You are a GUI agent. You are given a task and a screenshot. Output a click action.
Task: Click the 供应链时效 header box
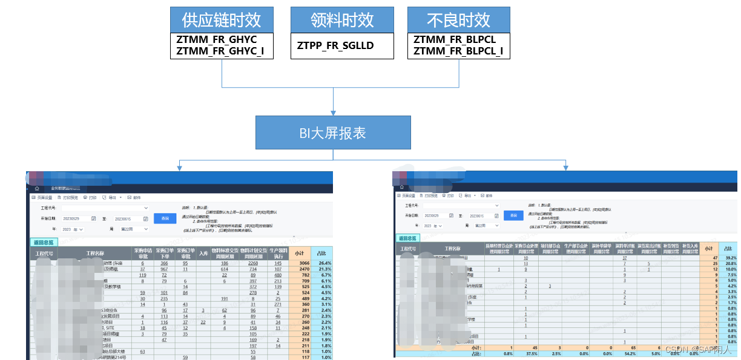222,20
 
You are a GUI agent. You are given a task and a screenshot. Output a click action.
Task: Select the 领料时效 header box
342,20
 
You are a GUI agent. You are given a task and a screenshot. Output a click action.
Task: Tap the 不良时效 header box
458,20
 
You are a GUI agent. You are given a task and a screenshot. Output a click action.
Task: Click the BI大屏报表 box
333,133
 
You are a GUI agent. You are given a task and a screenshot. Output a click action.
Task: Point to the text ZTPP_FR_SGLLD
335,45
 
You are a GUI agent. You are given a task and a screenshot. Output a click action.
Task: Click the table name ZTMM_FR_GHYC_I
220,51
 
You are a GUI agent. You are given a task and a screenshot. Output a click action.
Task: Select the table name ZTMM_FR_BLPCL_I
458,51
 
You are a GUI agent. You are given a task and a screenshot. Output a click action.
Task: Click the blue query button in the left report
162,218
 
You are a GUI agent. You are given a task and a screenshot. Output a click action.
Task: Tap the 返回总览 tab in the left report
42,242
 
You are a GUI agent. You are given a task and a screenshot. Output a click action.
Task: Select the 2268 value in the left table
254,263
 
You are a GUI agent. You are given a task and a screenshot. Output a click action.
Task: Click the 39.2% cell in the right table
728,258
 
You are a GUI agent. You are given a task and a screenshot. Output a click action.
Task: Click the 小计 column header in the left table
300,253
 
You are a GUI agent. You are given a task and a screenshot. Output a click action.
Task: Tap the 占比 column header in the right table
728,248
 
